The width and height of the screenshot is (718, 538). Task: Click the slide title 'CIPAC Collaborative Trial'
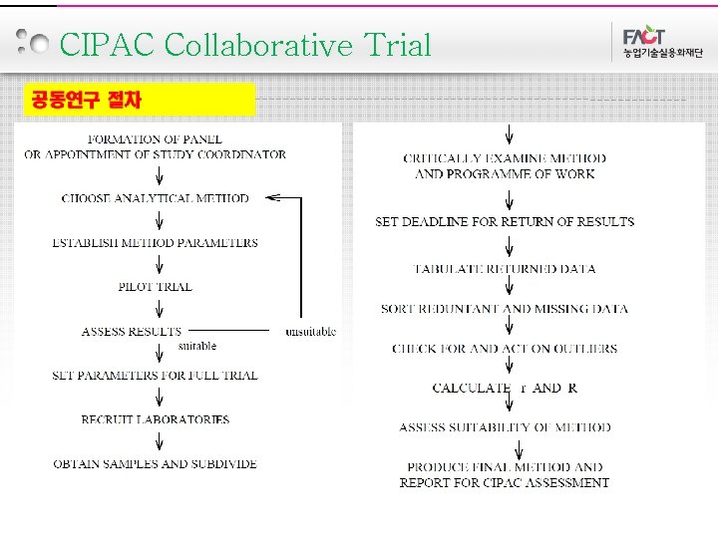pos(245,46)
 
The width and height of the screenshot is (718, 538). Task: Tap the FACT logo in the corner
pos(653,41)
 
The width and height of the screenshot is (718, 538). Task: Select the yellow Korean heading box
pos(140,99)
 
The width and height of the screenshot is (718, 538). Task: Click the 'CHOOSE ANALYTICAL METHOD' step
pos(155,198)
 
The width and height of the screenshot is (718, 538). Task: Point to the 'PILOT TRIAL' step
pos(155,287)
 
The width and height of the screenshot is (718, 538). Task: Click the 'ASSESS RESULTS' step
pos(132,331)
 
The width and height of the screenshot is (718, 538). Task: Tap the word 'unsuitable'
pos(310,332)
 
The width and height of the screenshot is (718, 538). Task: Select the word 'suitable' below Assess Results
pos(196,346)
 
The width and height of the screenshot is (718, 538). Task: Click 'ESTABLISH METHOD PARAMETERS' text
pos(155,243)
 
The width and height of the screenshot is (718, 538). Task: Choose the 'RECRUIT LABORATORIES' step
pos(155,419)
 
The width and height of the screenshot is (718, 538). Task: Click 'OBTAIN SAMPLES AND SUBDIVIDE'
pos(155,464)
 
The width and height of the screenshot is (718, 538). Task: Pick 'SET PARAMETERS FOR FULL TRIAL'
pos(155,376)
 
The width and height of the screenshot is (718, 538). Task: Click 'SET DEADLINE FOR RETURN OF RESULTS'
pos(505,221)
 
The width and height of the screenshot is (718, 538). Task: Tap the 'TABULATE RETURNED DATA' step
pos(505,269)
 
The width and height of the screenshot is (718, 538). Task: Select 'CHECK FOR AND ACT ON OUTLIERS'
pos(505,349)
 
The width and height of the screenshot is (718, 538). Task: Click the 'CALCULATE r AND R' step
pos(505,389)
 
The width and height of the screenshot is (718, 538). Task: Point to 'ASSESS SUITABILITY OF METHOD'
pos(505,427)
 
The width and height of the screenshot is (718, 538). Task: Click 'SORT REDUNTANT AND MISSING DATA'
pos(505,309)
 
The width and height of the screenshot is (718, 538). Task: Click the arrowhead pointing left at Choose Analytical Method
pos(271,198)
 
